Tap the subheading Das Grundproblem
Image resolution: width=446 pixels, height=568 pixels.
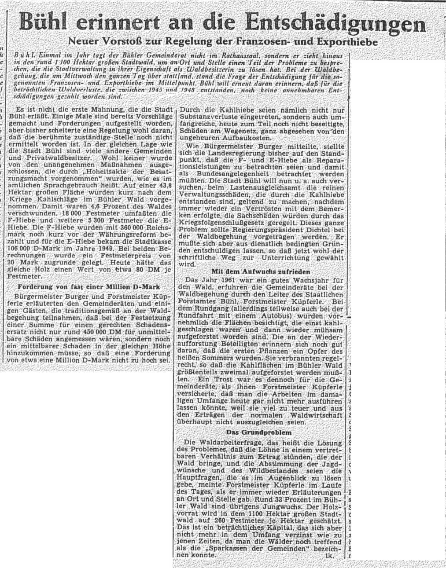(262, 432)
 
